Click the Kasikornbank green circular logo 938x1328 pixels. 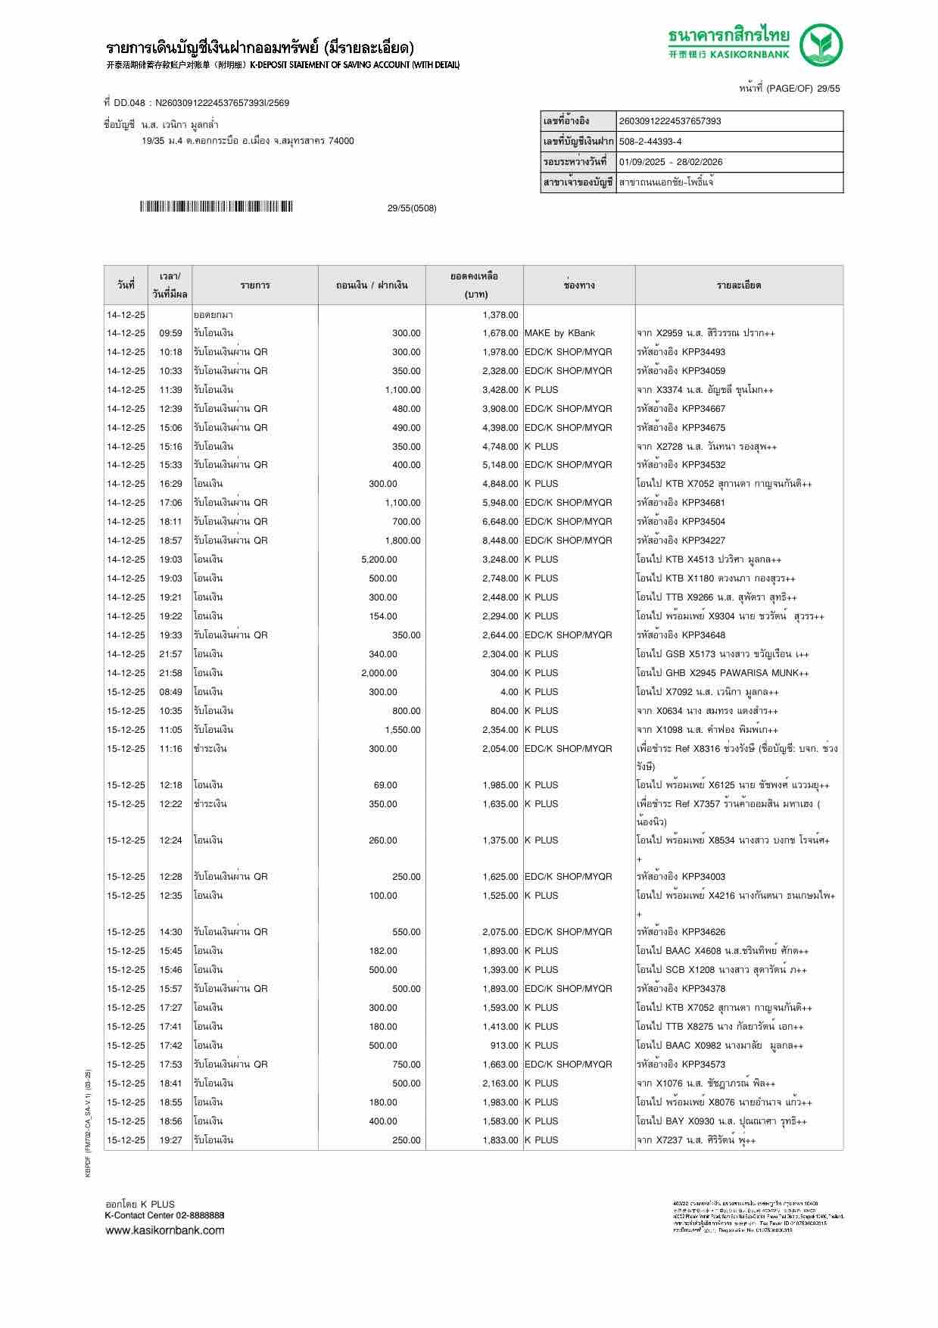coord(822,45)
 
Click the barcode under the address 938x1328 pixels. coord(216,207)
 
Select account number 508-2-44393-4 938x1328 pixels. coord(650,142)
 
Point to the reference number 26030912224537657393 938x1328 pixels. coord(670,121)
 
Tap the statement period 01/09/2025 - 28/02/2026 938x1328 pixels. coord(671,162)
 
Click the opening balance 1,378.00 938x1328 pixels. coord(500,314)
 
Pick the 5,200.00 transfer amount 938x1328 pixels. coord(379,560)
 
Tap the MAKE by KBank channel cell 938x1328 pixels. coord(559,333)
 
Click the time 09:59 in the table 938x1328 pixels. coord(170,333)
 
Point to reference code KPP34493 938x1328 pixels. coord(703,352)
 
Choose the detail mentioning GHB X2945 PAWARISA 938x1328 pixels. coord(722,673)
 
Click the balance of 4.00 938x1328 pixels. coord(509,692)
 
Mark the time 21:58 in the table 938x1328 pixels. coord(170,673)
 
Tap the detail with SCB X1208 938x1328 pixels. coord(721,970)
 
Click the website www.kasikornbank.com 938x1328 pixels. coord(164,1230)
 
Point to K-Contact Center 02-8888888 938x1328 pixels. coord(164,1215)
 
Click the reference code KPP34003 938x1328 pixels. coord(703,877)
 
